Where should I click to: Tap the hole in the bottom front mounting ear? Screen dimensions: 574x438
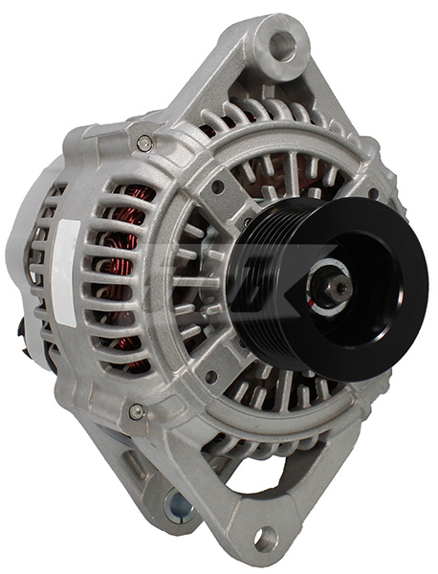click(x=264, y=537)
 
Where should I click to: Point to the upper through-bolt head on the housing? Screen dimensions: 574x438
click(x=145, y=144)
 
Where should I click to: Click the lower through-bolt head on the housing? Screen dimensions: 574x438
click(x=137, y=412)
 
